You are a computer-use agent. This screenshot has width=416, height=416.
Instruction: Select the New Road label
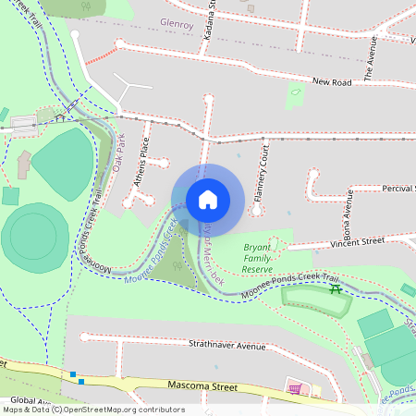(x=333, y=82)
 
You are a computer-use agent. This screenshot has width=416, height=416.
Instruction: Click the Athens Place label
(x=141, y=163)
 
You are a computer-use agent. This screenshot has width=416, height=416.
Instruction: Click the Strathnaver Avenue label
(x=227, y=346)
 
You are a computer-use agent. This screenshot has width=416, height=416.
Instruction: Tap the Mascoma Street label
(x=203, y=385)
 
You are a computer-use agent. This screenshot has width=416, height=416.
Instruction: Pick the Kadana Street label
(x=210, y=18)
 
